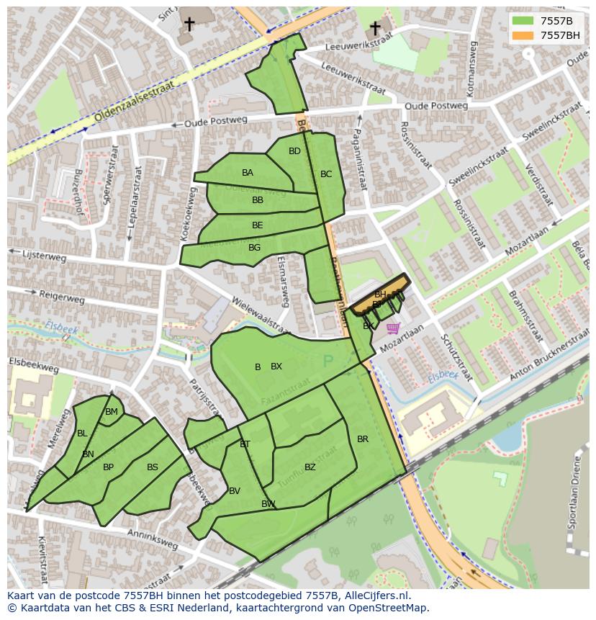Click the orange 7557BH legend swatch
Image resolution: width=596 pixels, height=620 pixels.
523,35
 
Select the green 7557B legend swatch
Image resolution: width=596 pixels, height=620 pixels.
523,21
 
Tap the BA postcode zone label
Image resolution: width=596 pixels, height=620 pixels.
248,173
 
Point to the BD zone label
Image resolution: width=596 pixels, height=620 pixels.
294,151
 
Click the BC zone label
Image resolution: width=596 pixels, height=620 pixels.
326,174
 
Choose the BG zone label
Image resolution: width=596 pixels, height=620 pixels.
254,248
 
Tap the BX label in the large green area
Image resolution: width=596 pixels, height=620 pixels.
276,367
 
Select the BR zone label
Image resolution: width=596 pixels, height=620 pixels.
363,439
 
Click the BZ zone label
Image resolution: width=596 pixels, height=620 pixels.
310,467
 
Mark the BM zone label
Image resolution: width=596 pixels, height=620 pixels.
112,412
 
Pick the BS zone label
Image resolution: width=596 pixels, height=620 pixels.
153,467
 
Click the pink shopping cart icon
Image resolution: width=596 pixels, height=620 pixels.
392,328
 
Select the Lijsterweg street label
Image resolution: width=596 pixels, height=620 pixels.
45,256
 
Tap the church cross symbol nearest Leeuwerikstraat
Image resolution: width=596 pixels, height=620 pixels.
375,28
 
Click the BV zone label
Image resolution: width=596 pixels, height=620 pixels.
235,491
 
